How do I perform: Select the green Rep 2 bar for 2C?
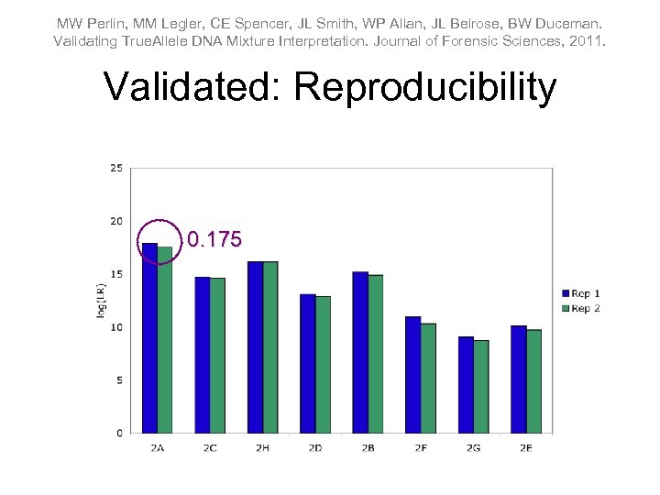(x=218, y=355)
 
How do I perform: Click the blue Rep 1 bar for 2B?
(x=360, y=352)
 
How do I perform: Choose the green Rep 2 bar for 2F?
(x=428, y=378)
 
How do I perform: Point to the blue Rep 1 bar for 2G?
(x=466, y=384)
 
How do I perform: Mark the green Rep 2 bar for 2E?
(x=533, y=381)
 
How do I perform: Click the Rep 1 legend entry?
(x=580, y=293)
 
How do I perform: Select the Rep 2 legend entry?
(x=580, y=308)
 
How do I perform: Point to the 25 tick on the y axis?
(x=116, y=168)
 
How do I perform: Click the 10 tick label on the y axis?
(x=116, y=327)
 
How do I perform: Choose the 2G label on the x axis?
(x=473, y=448)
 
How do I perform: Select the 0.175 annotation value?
(x=214, y=240)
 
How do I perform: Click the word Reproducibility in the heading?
(x=426, y=87)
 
